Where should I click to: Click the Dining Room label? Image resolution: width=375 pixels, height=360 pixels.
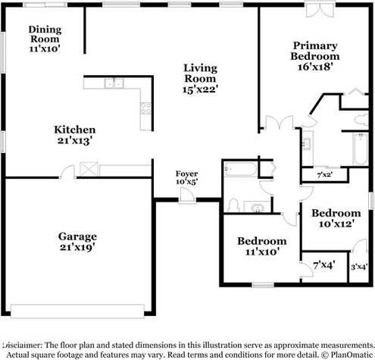point(45,34)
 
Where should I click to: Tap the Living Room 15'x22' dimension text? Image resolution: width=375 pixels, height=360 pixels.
point(200,89)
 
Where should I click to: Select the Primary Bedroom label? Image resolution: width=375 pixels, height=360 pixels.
point(315,51)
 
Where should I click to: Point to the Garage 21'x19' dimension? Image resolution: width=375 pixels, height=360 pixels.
point(77,247)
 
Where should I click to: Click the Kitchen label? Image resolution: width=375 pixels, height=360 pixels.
point(75,130)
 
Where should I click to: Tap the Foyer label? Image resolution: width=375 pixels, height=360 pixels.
point(186,174)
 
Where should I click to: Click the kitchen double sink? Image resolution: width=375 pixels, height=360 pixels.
point(114,83)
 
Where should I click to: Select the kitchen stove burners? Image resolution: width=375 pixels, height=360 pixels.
point(145,108)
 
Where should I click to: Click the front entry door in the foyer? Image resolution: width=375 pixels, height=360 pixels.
point(187,196)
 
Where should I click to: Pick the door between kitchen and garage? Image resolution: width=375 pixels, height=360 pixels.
point(67,172)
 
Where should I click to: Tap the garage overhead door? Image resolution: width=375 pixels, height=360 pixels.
point(77,311)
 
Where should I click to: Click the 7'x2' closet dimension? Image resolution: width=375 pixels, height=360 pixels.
point(325,174)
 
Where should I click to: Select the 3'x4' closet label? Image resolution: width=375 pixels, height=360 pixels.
point(359,267)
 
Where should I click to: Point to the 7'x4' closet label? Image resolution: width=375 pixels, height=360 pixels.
point(324,265)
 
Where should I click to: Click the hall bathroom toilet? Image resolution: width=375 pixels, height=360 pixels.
point(233,205)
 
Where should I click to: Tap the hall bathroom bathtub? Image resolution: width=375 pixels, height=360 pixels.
point(241,169)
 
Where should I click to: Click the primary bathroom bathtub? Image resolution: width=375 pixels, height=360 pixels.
point(361,149)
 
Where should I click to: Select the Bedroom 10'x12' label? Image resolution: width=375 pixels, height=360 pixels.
point(336,218)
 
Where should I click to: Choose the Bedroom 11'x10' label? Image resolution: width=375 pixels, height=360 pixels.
point(262,246)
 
